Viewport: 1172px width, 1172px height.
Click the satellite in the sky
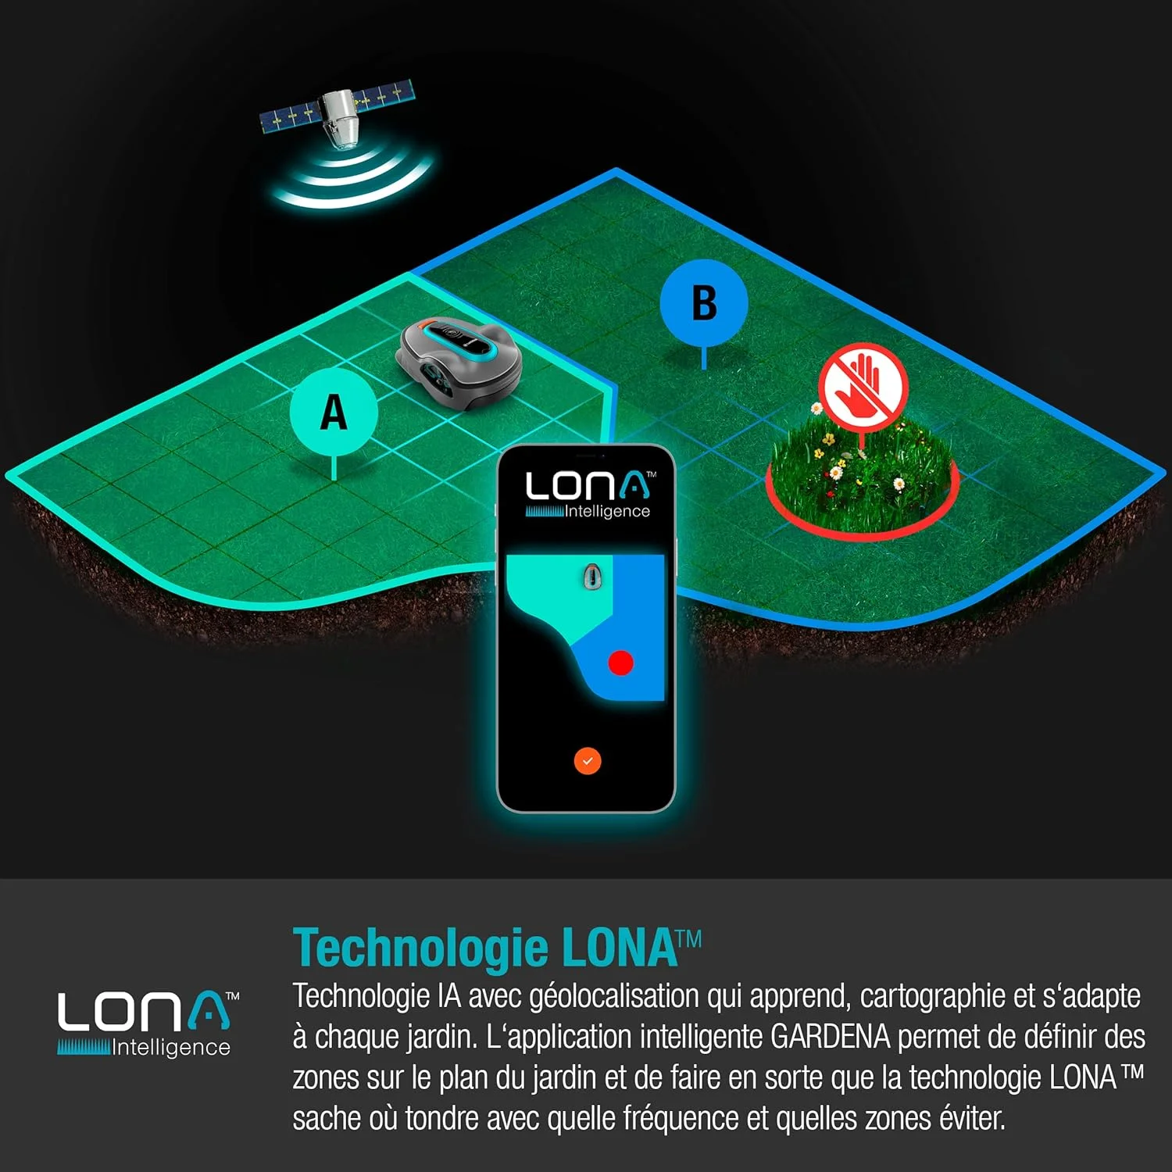[338, 113]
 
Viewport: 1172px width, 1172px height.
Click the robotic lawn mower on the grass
[460, 364]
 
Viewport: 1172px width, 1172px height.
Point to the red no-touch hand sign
[863, 386]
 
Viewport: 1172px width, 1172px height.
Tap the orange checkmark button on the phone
[588, 760]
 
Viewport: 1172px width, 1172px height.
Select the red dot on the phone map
[620, 663]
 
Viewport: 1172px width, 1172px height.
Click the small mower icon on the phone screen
[593, 577]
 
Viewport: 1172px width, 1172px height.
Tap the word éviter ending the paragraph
[972, 1118]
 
